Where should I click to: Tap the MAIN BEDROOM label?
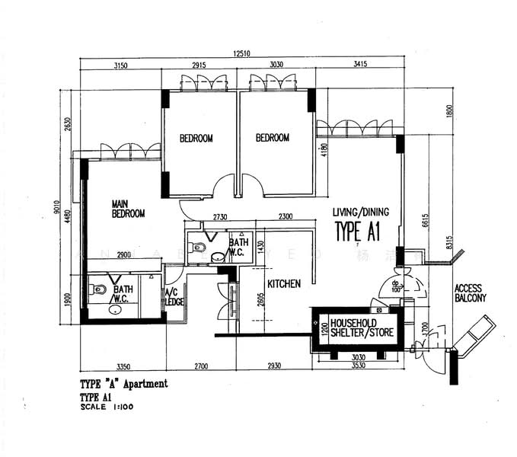(x=128, y=209)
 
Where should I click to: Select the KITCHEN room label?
(x=283, y=283)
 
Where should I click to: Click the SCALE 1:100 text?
(x=104, y=407)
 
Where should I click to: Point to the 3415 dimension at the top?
(x=359, y=65)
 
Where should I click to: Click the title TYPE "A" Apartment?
(x=123, y=384)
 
